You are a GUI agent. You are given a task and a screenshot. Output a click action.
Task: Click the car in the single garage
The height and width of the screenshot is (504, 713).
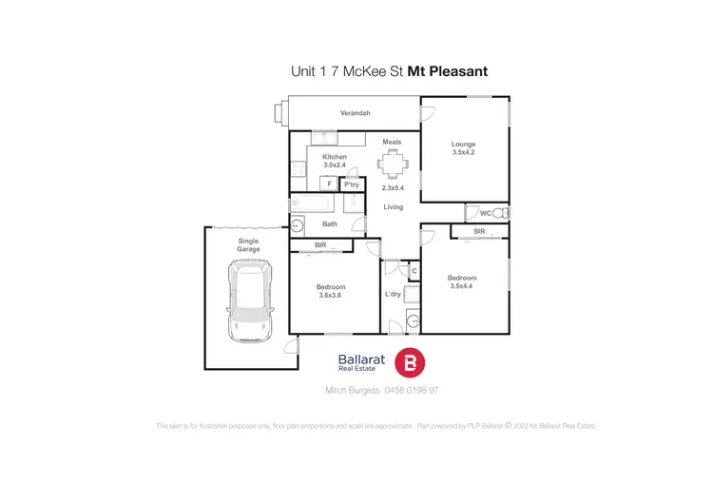[x=249, y=302]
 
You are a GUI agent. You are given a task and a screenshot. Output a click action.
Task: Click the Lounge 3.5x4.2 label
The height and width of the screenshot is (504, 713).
[x=463, y=148]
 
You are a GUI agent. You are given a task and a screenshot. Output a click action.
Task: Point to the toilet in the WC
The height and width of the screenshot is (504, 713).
[x=503, y=213]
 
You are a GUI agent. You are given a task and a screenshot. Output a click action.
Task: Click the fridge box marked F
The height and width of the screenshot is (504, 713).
[x=329, y=184]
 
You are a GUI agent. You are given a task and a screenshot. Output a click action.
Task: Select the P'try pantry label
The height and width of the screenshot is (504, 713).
[x=351, y=184]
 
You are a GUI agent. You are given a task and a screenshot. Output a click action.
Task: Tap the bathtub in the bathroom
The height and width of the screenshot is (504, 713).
[x=311, y=204]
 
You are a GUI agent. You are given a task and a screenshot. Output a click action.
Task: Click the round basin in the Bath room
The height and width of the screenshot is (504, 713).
[x=297, y=226]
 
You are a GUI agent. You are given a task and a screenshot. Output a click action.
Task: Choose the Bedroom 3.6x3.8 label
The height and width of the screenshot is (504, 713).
[x=331, y=291]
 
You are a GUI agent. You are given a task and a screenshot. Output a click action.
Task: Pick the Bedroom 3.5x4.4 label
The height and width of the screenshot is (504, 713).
[x=462, y=281]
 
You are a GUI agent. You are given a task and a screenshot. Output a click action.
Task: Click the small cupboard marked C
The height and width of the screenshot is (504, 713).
[x=414, y=271]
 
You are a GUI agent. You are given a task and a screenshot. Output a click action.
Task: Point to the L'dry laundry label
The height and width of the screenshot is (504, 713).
[x=393, y=295]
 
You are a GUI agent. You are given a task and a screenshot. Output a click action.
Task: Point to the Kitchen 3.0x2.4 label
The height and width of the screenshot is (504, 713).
[x=335, y=161]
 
